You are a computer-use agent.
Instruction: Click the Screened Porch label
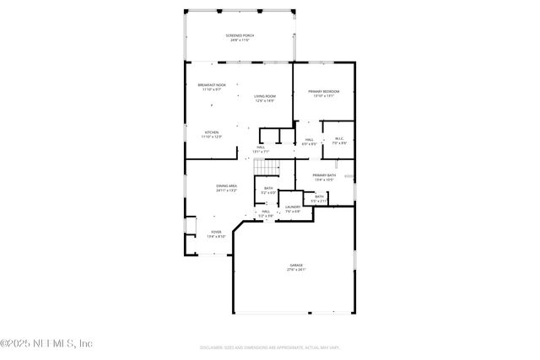(x=240, y=35)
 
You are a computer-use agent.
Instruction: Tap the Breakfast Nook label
(x=212, y=85)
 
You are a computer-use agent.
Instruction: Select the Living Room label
(x=265, y=97)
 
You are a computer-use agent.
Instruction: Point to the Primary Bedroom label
(x=324, y=91)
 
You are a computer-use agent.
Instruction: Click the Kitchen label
(x=212, y=132)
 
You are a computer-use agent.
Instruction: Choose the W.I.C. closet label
(x=339, y=138)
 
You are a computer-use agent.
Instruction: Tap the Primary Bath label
(x=325, y=175)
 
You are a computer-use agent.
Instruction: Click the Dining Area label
(x=226, y=185)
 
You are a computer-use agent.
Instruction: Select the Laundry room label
(x=293, y=207)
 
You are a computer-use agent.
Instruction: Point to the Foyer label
(x=216, y=232)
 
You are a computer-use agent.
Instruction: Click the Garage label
(x=296, y=265)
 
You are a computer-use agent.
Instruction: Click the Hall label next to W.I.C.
(x=310, y=139)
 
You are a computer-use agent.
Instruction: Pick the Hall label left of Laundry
(x=266, y=212)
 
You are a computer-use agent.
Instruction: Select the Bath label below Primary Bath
(x=319, y=196)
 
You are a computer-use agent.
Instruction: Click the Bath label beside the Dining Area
(x=268, y=188)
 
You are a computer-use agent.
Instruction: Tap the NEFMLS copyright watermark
(x=46, y=343)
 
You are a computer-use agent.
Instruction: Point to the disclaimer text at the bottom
(x=270, y=347)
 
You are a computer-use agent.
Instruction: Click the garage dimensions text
(x=296, y=270)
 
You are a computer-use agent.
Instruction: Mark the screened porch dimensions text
(x=240, y=40)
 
